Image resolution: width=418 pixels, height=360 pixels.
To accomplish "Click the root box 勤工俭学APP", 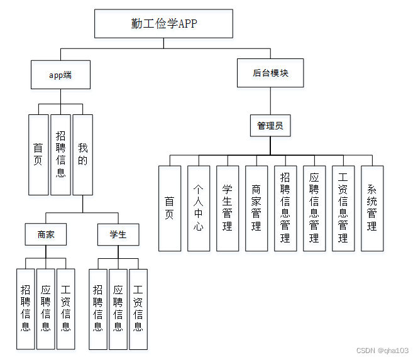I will tap(163, 24).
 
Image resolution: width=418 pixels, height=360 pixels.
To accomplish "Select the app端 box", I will tap(60, 75).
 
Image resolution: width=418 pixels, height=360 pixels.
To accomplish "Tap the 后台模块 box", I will tap(270, 73).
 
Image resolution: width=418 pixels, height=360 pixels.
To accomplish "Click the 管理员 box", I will tap(270, 126).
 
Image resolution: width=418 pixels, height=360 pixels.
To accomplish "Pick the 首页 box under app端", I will tap(38, 155).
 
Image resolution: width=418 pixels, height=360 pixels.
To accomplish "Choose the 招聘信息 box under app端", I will tap(60, 155).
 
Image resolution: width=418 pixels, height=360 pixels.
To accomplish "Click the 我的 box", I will tap(82, 155).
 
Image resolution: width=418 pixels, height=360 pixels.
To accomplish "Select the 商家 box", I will tap(46, 234).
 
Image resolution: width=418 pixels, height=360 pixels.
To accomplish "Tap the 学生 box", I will tap(118, 234).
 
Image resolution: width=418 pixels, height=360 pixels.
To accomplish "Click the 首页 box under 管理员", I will tap(170, 208).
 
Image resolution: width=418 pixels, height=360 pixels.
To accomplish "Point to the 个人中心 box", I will tap(199, 208).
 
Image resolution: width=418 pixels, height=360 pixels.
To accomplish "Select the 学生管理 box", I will tap(228, 208).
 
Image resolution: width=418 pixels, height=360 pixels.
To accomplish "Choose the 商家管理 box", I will tap(256, 208).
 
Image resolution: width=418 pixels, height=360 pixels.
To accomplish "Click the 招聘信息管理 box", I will tap(285, 208).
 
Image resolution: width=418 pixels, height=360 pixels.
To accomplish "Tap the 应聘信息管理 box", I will tap(314, 208).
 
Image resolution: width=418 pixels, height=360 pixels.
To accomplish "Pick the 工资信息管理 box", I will tap(343, 208).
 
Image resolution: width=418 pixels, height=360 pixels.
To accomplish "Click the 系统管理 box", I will tap(372, 208).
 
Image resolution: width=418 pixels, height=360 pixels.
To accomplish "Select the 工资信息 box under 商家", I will tap(66, 308).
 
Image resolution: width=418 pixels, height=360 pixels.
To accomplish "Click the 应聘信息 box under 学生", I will tap(118, 308).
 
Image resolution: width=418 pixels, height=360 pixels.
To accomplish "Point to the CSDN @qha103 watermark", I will tap(382, 351).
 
